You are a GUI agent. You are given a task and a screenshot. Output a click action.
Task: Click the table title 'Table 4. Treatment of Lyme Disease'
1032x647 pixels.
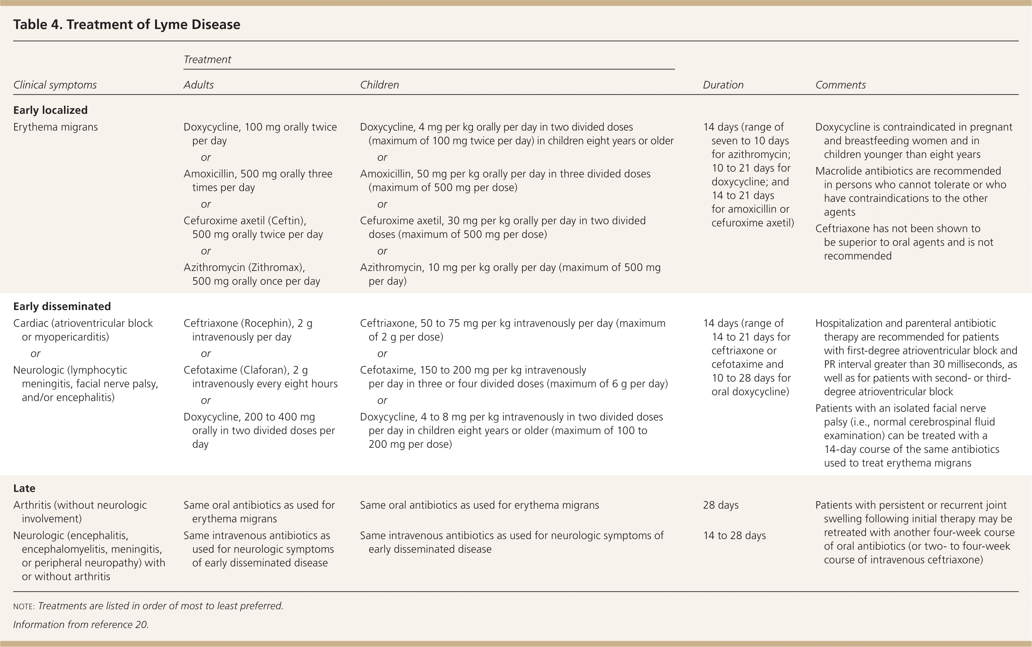tap(126, 25)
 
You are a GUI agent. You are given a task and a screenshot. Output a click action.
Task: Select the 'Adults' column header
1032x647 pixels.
tap(198, 85)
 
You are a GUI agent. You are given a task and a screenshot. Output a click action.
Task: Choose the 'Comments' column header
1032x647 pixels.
tap(840, 85)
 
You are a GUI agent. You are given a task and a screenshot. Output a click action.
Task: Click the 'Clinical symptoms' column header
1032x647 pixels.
tap(55, 85)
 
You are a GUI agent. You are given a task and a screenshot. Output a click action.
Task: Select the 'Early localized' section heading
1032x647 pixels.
tap(50, 110)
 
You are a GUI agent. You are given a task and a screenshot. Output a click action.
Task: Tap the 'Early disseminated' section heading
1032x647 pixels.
tap(62, 306)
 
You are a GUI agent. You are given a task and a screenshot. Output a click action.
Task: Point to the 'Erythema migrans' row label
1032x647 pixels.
tap(55, 127)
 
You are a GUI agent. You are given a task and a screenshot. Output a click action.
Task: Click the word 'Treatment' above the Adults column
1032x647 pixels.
tap(207, 59)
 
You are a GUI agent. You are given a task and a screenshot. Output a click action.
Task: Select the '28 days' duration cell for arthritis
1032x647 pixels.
tap(720, 505)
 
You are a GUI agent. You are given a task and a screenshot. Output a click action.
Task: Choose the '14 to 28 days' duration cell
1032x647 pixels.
tap(734, 535)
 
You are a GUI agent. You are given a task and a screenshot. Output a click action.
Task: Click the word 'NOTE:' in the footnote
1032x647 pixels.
tap(24, 606)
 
